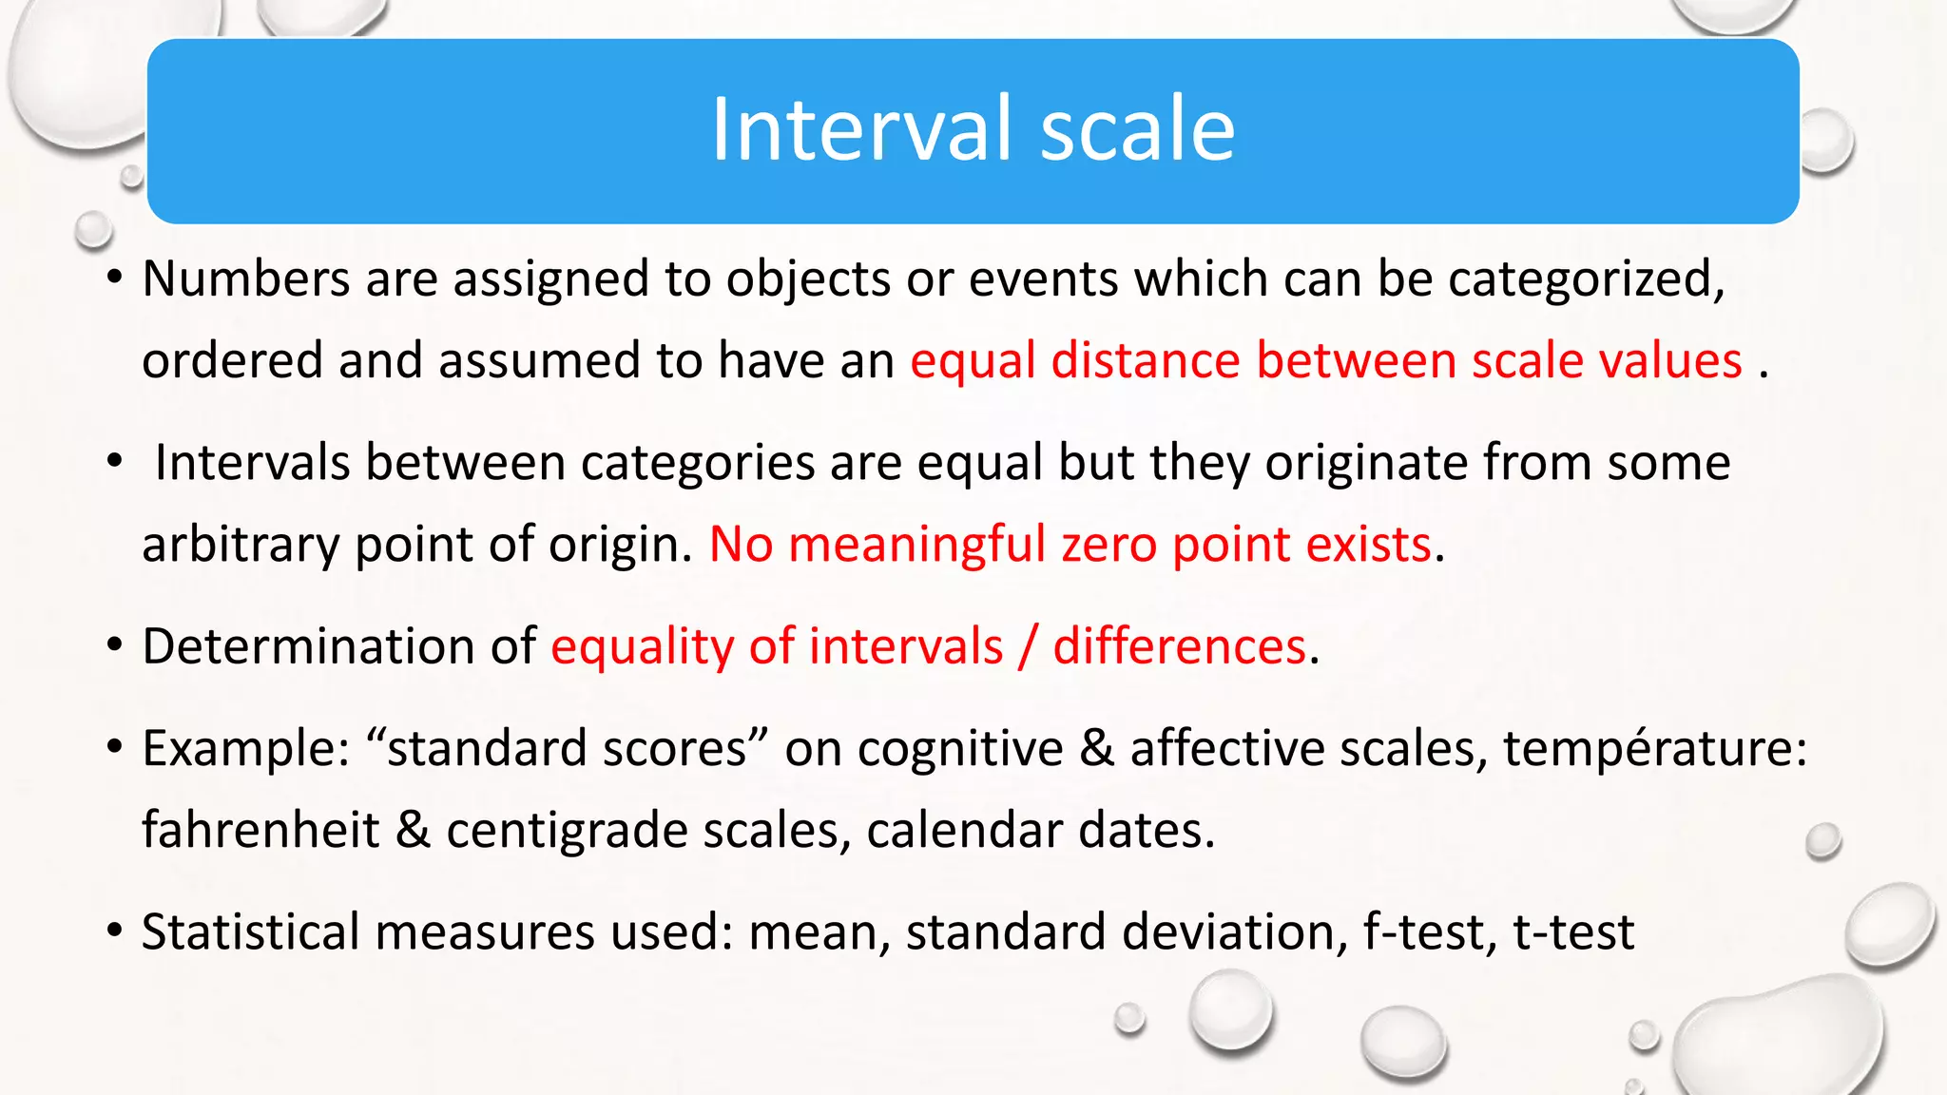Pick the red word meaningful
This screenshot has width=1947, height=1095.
pyautogui.click(x=916, y=545)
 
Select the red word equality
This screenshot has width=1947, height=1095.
pyautogui.click(x=643, y=646)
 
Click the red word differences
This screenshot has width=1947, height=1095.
pyautogui.click(x=1179, y=646)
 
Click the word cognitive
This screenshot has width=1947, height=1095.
pyautogui.click(x=960, y=748)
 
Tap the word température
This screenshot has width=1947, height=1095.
pyautogui.click(x=1654, y=748)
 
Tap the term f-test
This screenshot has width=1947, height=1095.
pyautogui.click(x=1424, y=932)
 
